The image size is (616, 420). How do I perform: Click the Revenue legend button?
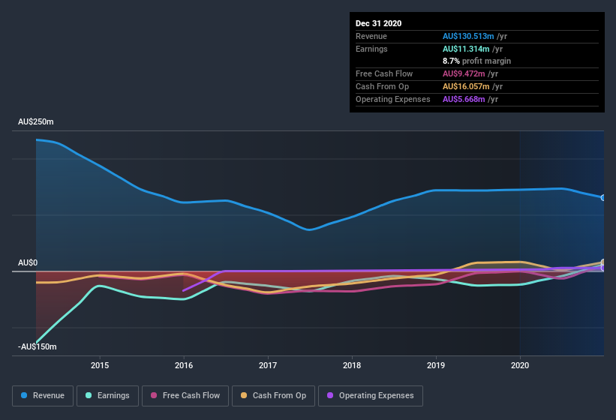pyautogui.click(x=43, y=395)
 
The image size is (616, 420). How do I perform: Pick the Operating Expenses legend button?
pyautogui.click(x=370, y=395)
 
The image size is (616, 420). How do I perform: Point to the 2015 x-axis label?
pyautogui.click(x=100, y=365)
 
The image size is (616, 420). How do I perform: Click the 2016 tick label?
pyautogui.click(x=184, y=365)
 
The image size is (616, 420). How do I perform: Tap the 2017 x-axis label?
pyautogui.click(x=268, y=365)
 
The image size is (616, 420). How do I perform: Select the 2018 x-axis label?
pyautogui.click(x=352, y=365)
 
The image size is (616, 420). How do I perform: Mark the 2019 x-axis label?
pyautogui.click(x=436, y=365)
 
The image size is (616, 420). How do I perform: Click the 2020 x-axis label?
pyautogui.click(x=520, y=365)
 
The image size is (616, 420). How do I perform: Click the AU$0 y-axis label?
pyautogui.click(x=28, y=262)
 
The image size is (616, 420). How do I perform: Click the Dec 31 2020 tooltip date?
pyautogui.click(x=379, y=23)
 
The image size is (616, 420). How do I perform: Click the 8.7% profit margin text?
pyautogui.click(x=476, y=61)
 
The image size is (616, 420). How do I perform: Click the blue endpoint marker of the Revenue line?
pyautogui.click(x=602, y=197)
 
